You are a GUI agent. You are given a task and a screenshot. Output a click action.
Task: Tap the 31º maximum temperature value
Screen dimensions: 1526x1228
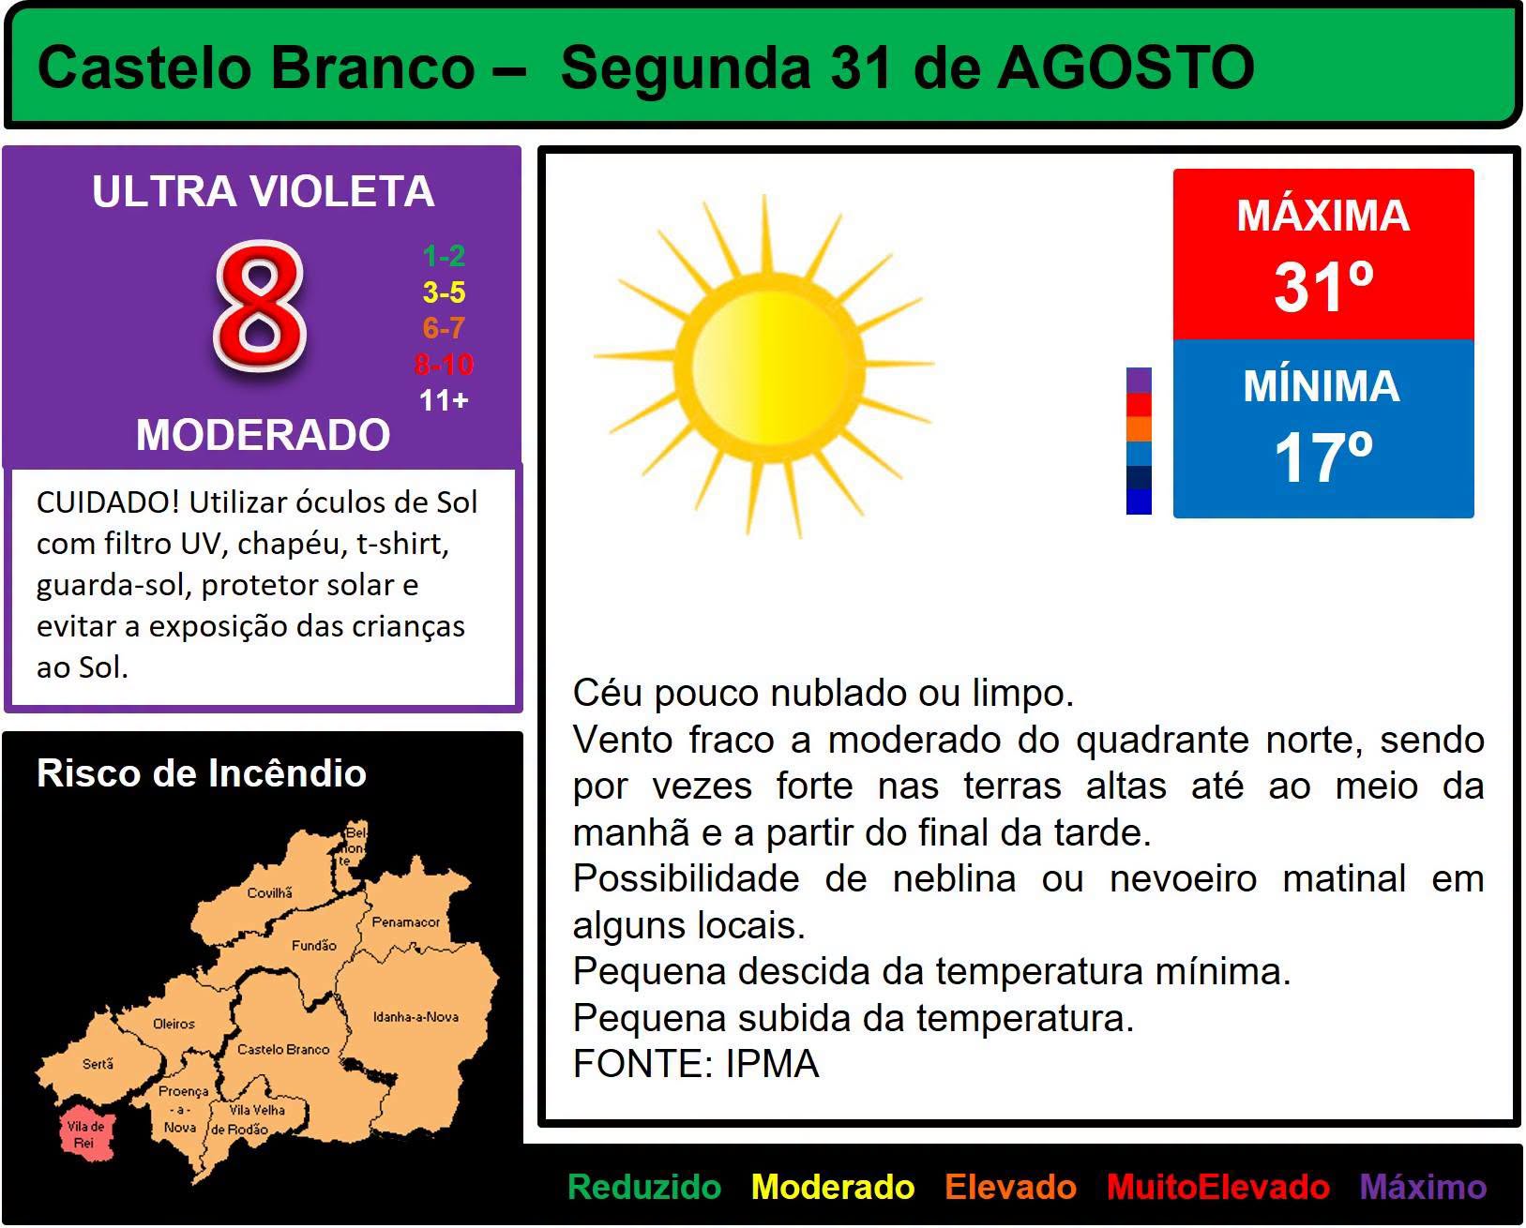click(1323, 287)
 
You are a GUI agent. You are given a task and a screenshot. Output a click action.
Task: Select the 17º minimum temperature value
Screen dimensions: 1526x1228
click(1323, 458)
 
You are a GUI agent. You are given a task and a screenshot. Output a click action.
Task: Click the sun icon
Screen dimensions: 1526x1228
click(764, 366)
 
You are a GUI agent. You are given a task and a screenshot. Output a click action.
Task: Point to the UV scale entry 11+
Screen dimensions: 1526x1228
click(444, 400)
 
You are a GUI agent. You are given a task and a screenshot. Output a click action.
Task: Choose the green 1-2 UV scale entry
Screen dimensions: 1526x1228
click(444, 255)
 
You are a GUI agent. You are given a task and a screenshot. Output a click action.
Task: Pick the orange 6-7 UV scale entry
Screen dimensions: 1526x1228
click(444, 327)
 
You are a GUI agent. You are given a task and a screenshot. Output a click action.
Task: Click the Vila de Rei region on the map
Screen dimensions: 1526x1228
click(85, 1133)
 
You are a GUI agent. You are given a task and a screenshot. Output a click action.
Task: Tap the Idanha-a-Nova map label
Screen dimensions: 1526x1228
click(415, 1017)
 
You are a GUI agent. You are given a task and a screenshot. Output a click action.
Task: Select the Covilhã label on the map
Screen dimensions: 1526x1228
click(269, 892)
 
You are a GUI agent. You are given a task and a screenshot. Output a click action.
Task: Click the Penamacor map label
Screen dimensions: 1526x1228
click(405, 921)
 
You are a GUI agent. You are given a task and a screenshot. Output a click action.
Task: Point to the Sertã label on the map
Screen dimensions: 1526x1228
click(98, 1064)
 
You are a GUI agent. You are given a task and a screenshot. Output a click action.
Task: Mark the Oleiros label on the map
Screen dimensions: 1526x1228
click(174, 1024)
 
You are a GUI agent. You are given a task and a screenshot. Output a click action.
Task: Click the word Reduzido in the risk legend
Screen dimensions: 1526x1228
click(643, 1187)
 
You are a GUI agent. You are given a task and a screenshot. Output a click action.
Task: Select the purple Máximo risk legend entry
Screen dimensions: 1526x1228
click(1423, 1187)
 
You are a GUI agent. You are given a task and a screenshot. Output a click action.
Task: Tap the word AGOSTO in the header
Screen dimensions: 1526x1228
click(1126, 68)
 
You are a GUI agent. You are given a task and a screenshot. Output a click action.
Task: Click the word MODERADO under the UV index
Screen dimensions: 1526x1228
click(263, 434)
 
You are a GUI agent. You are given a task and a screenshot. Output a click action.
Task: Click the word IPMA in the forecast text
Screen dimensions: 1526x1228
click(772, 1064)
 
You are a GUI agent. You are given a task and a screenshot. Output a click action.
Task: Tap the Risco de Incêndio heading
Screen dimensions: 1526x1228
click(202, 772)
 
